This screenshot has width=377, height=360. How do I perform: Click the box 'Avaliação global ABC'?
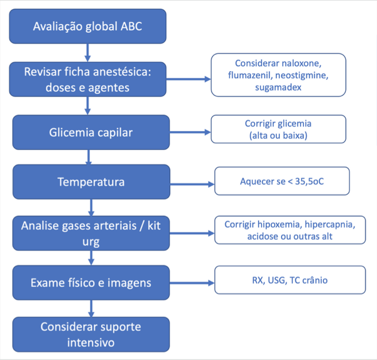88,26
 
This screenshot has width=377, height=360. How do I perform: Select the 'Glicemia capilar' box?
91,132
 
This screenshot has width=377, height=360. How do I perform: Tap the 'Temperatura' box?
91,182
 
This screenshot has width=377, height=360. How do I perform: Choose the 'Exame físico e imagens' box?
91,282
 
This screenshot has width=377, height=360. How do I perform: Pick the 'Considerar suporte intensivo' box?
91,335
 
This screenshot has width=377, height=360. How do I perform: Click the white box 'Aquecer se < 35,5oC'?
282,181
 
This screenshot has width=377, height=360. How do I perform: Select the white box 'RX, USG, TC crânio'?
290,280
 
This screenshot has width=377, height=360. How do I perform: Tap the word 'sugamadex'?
278,87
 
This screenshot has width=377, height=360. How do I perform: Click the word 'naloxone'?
302,63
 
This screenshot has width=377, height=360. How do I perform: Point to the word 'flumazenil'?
251,75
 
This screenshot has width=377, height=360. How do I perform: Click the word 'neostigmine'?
302,75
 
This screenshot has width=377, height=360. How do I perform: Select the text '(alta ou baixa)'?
278,136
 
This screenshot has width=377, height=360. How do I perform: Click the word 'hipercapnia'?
330,224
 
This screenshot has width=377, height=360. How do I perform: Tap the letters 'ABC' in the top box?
131,26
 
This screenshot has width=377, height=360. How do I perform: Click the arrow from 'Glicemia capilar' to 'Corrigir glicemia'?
190,132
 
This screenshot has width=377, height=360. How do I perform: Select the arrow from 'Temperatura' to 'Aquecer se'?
192,185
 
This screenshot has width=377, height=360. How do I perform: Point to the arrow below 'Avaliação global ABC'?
87,53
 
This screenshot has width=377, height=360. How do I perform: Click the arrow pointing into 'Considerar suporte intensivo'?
91,308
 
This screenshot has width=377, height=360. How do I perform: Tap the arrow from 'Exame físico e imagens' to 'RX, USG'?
192,283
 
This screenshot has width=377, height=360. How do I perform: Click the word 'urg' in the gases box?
91,242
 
